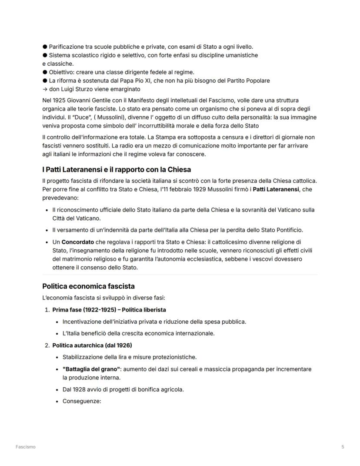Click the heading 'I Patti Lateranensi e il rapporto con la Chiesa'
tap(117, 169)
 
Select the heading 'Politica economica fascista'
tap(88, 286)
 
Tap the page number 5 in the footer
tap(343, 447)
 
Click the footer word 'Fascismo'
tap(26, 447)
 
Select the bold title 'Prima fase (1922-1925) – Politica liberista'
tap(109, 310)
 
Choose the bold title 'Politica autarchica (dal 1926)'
tap(92, 345)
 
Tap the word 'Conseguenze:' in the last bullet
tap(82, 401)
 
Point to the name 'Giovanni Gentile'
tap(84, 101)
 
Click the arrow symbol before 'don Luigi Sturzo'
tap(45, 89)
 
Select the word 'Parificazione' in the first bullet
tap(67, 47)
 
